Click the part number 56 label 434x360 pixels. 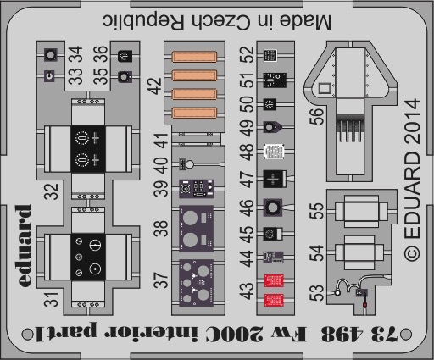click(316, 116)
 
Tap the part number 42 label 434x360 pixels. click(154, 86)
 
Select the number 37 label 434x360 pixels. click(160, 280)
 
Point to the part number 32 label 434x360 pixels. click(51, 191)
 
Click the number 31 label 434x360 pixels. click(51, 300)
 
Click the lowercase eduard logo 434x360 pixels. click(25, 246)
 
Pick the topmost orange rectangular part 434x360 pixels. click(194, 56)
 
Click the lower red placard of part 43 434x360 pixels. click(274, 300)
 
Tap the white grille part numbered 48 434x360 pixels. click(274, 152)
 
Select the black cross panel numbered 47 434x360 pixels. click(273, 179)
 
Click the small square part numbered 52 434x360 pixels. click(270, 55)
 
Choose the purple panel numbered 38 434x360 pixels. click(196, 229)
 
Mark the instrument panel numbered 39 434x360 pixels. click(197, 189)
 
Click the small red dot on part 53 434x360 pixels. click(364, 305)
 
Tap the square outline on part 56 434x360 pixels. click(325, 88)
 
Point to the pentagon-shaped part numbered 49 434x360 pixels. click(272, 127)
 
